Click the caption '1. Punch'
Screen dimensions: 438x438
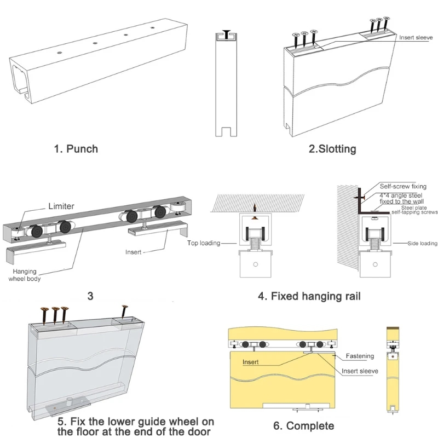point(76,148)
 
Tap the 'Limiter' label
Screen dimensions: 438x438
point(61,206)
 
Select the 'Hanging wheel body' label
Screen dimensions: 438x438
point(25,275)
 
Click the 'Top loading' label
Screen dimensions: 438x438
point(203,243)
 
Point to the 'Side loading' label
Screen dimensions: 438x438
point(423,243)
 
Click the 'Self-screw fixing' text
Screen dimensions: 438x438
point(403,187)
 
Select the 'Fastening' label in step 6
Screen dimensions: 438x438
point(360,356)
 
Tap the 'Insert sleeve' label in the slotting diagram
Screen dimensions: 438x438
point(416,37)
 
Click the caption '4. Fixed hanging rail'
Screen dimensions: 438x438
point(309,297)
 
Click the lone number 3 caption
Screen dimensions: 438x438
point(90,296)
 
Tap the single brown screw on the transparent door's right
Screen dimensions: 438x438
point(125,314)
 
